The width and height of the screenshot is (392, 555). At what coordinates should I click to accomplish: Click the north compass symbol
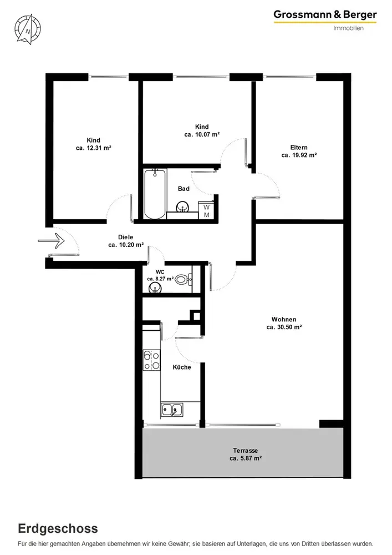(x=28, y=29)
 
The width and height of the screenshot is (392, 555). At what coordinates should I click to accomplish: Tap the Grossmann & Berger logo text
(x=325, y=15)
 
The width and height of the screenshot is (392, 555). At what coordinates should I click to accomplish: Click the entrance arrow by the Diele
(x=51, y=241)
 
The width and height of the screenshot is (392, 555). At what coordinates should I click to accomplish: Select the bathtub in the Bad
(x=155, y=194)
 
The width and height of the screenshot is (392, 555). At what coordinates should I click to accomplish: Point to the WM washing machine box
(x=206, y=210)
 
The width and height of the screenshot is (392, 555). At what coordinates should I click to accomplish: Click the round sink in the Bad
(x=183, y=206)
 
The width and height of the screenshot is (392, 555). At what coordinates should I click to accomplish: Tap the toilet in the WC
(x=183, y=280)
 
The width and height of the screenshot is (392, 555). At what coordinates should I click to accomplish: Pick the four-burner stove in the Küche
(x=151, y=360)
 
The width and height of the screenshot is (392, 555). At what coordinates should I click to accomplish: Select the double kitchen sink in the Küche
(x=172, y=410)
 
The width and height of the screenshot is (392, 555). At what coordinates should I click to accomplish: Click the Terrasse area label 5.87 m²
(x=245, y=458)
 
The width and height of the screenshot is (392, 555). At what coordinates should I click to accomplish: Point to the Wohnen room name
(x=284, y=319)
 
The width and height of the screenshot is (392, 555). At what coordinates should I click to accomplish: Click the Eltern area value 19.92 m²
(x=299, y=155)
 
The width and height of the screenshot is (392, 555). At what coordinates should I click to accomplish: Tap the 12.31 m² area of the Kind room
(x=93, y=148)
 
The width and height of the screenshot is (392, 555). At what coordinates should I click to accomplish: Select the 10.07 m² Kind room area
(x=202, y=134)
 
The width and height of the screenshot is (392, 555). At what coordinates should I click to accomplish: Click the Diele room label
(x=125, y=237)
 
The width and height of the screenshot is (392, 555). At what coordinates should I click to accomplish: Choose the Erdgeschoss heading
(x=58, y=528)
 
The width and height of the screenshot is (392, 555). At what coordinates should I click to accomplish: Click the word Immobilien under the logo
(x=348, y=28)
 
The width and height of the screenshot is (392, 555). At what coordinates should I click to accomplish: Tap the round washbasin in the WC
(x=155, y=289)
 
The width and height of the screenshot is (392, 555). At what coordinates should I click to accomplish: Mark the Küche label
(x=182, y=367)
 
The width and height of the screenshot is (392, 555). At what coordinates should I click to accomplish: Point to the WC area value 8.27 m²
(x=160, y=279)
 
